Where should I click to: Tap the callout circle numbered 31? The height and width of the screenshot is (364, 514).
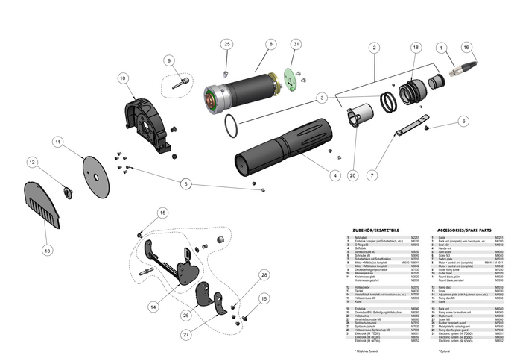pyautogui.click(x=296, y=45)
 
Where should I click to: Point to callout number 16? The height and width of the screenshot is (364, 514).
pyautogui.click(x=467, y=47)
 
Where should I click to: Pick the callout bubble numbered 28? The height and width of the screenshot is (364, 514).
pyautogui.click(x=264, y=276)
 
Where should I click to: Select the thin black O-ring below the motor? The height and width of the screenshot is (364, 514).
pyautogui.click(x=231, y=126)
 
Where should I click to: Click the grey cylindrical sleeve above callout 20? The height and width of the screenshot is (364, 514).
pyautogui.click(x=360, y=118)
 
